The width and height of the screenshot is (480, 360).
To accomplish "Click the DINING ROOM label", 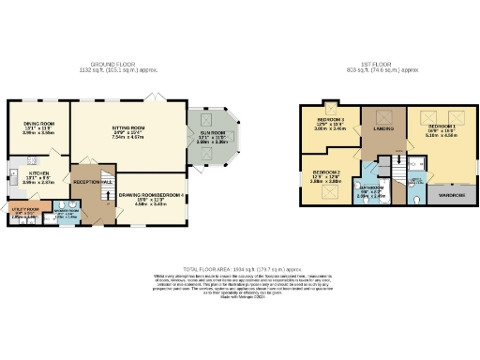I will (x=37, y=123).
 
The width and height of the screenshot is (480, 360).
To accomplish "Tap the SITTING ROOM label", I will (x=128, y=127).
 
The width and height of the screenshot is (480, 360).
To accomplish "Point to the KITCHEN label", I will (x=37, y=173).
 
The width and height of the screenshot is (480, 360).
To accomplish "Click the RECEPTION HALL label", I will (x=94, y=181).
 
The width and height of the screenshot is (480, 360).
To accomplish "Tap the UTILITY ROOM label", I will (x=26, y=209).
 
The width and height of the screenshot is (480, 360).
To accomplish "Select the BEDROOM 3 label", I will (x=330, y=120).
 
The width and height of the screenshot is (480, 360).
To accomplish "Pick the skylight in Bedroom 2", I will (x=330, y=193).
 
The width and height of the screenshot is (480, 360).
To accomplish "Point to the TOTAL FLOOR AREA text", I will (x=239, y=268).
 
